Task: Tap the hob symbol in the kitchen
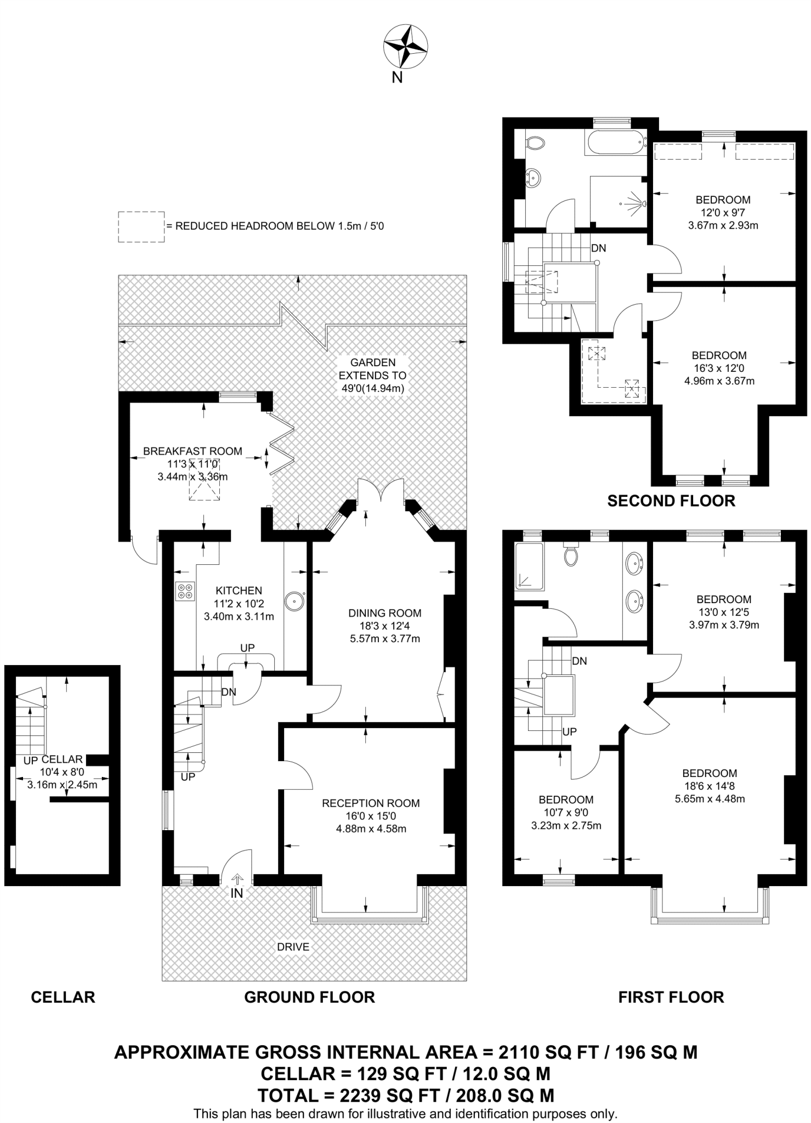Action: pos(185,591)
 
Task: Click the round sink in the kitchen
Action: pos(294,600)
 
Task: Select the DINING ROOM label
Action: pos(385,613)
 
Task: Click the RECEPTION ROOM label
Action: pos(371,803)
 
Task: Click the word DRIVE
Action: pos(293,946)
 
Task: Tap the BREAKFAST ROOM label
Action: pos(192,451)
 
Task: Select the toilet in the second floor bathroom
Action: pos(534,144)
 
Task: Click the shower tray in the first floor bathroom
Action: pos(529,566)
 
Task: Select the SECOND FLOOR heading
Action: pos(671,501)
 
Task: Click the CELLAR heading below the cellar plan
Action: pos(63,997)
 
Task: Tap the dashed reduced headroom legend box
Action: pos(141,226)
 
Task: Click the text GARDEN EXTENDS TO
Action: pos(372,369)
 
